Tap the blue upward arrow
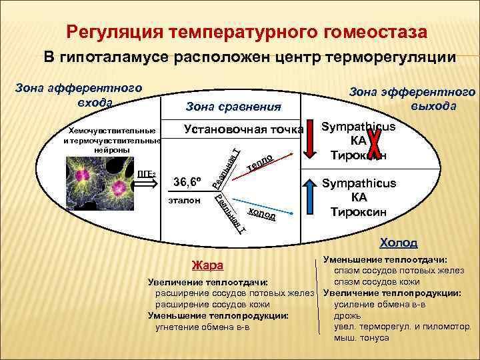315,198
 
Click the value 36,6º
188,182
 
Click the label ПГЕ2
146,175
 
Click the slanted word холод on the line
261,214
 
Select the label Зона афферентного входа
79,95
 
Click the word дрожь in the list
348,315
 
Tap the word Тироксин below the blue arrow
359,213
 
